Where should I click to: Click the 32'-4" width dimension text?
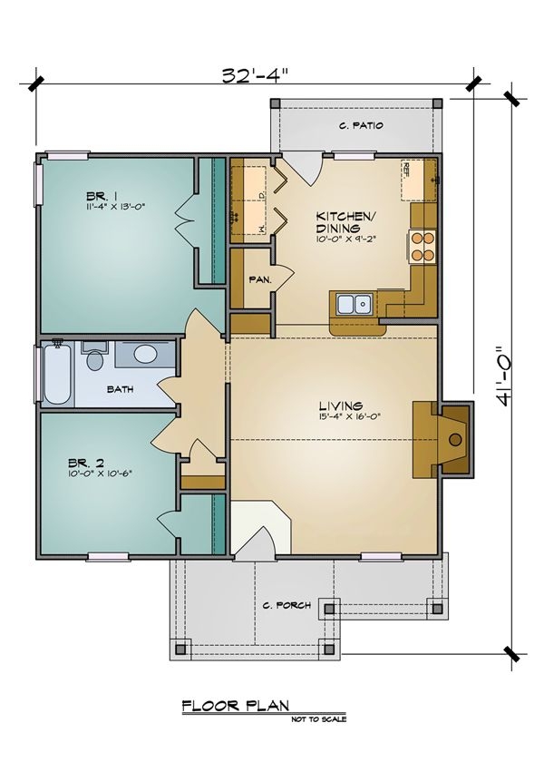click(255, 75)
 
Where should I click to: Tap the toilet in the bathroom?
click(94, 359)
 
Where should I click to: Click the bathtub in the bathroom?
click(55, 373)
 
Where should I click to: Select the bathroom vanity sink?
click(143, 355)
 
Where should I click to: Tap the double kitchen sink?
click(353, 304)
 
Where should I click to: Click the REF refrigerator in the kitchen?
click(418, 180)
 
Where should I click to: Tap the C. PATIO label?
click(358, 127)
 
